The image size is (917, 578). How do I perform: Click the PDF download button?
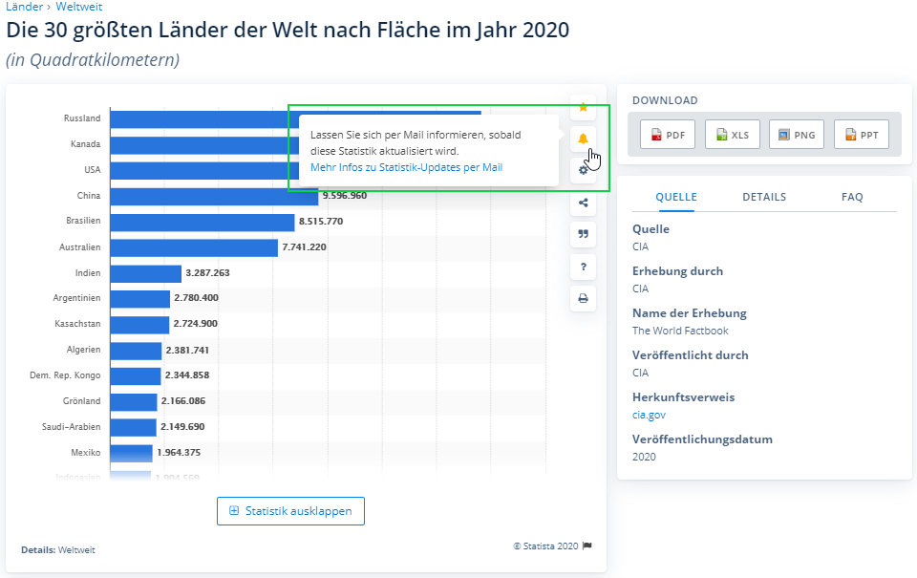click(x=667, y=135)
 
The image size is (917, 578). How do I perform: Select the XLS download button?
click(x=732, y=135)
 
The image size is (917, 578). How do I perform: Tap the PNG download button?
click(x=797, y=135)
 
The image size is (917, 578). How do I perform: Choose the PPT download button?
click(x=861, y=135)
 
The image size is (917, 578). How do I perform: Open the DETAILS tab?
click(x=764, y=197)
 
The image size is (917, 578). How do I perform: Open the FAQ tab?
click(x=852, y=197)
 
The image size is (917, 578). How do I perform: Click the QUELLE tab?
click(x=676, y=197)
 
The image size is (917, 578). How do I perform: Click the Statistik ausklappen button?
click(x=290, y=511)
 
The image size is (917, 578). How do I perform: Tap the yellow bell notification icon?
click(x=583, y=139)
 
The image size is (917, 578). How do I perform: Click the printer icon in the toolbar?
click(x=583, y=298)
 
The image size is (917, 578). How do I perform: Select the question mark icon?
click(x=583, y=267)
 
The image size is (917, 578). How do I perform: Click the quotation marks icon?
click(x=583, y=234)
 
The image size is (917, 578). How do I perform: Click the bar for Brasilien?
click(x=202, y=222)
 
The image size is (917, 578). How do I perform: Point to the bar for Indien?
click(x=145, y=273)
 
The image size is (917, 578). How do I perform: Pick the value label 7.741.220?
click(x=304, y=247)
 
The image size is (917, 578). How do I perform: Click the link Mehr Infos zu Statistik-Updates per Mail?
click(x=406, y=167)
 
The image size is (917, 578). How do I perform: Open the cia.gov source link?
click(x=649, y=415)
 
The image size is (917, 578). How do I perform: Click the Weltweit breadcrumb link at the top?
click(x=78, y=7)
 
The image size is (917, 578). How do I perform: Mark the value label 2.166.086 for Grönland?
click(x=183, y=401)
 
